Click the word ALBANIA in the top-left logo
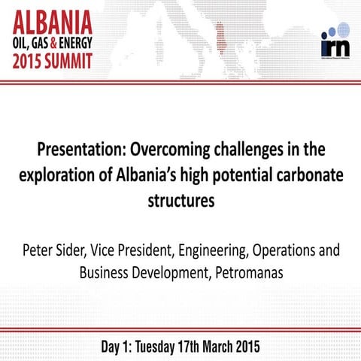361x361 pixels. coord(47,19)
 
